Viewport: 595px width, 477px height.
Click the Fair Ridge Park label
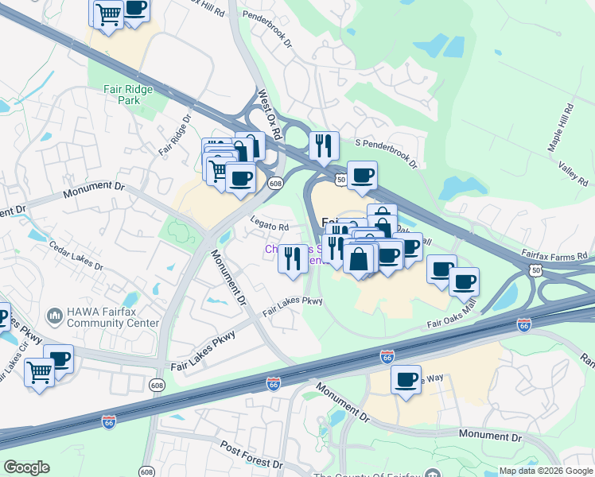click(127, 95)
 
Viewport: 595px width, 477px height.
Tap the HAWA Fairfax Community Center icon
click(55, 316)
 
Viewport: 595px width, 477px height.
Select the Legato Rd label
click(270, 226)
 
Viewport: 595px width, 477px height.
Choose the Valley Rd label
click(572, 169)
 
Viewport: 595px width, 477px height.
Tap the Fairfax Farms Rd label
click(554, 255)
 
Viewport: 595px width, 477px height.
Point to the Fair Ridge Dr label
click(175, 136)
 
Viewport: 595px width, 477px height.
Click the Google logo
click(26, 467)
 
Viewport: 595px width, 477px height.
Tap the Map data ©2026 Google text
click(546, 471)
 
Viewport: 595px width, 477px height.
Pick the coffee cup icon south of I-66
click(406, 378)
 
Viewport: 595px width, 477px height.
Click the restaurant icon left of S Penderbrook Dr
click(323, 145)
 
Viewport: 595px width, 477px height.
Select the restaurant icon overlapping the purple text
click(293, 258)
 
